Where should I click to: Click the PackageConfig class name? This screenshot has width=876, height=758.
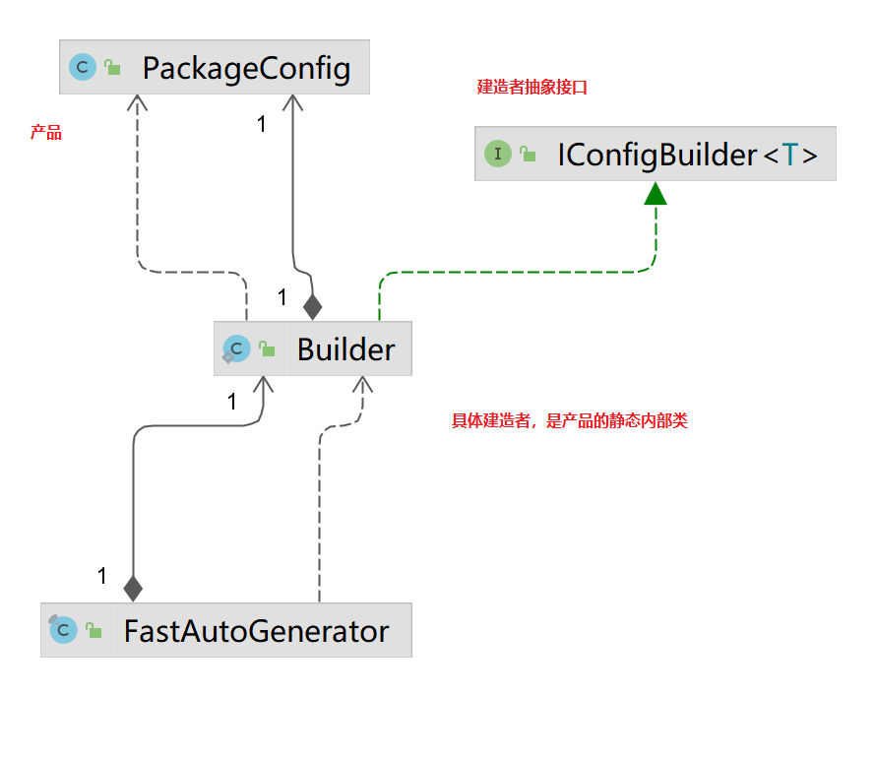coord(246,69)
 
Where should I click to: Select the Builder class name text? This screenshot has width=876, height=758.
coord(345,349)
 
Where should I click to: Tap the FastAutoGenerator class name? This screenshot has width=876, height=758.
coord(257,631)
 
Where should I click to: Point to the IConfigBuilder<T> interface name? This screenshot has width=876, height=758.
coord(687,155)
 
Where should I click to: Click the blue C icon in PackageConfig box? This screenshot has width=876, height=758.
coord(83,67)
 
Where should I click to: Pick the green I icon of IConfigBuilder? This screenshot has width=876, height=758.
coord(498,153)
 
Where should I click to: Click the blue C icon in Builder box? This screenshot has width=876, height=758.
coord(236,349)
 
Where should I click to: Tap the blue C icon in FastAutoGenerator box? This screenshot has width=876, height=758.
coord(63,629)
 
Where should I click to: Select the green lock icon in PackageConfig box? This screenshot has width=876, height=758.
coord(112,67)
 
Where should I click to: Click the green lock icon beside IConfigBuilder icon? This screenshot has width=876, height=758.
coord(528,154)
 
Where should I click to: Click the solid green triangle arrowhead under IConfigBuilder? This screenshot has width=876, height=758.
coord(656,193)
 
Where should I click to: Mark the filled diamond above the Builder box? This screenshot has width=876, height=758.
coord(312,307)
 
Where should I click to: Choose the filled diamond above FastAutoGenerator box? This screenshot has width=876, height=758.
coord(133,589)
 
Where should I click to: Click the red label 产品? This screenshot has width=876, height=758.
coord(46,132)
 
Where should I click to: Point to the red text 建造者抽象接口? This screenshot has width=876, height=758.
coord(532,88)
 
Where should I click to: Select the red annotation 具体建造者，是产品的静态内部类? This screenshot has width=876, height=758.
coord(569,420)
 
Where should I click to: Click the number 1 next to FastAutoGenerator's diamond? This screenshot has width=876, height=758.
coord(101,575)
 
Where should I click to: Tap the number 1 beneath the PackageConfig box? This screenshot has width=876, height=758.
coord(261,124)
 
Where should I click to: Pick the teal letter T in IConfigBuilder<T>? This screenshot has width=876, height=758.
coord(790,155)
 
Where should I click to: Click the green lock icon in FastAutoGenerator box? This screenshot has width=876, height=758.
coord(94,630)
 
